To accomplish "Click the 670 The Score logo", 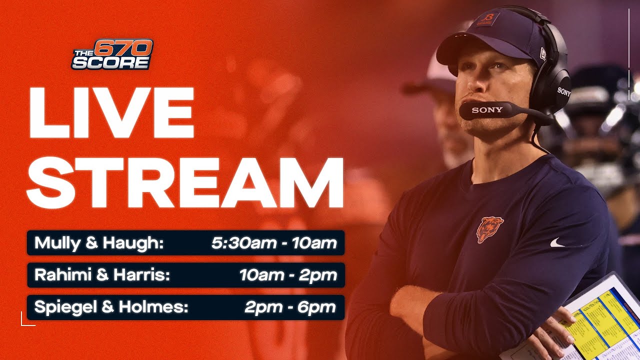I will (x=112, y=54).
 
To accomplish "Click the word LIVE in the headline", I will (x=111, y=113).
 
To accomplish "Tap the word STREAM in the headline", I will (x=185, y=182).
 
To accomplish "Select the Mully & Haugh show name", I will (x=99, y=243).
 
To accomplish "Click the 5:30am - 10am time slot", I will (x=273, y=243).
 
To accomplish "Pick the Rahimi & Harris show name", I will (x=102, y=275).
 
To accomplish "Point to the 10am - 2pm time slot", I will (x=287, y=275).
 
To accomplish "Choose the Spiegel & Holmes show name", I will (x=111, y=307).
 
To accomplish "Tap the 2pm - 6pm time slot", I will (x=290, y=307).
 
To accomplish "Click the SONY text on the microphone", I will (x=487, y=110).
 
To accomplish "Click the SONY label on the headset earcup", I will (x=563, y=92).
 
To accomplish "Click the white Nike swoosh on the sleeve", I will (x=557, y=243).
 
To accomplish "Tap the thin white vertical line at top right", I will (x=628, y=50).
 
